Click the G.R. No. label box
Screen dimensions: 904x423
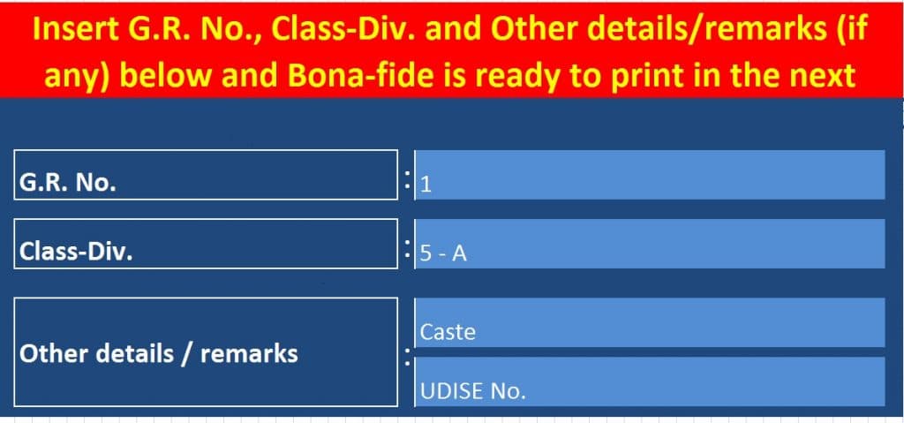click(206, 175)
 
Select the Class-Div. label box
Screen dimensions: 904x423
click(206, 244)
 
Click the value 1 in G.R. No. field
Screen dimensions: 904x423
click(426, 185)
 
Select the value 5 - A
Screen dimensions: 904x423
click(443, 254)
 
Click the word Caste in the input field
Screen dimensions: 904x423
click(448, 332)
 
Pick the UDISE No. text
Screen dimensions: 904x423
click(473, 392)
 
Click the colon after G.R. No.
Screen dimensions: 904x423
click(408, 179)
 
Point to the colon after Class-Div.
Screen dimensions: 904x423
click(408, 249)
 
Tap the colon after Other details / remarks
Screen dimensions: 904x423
click(408, 357)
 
